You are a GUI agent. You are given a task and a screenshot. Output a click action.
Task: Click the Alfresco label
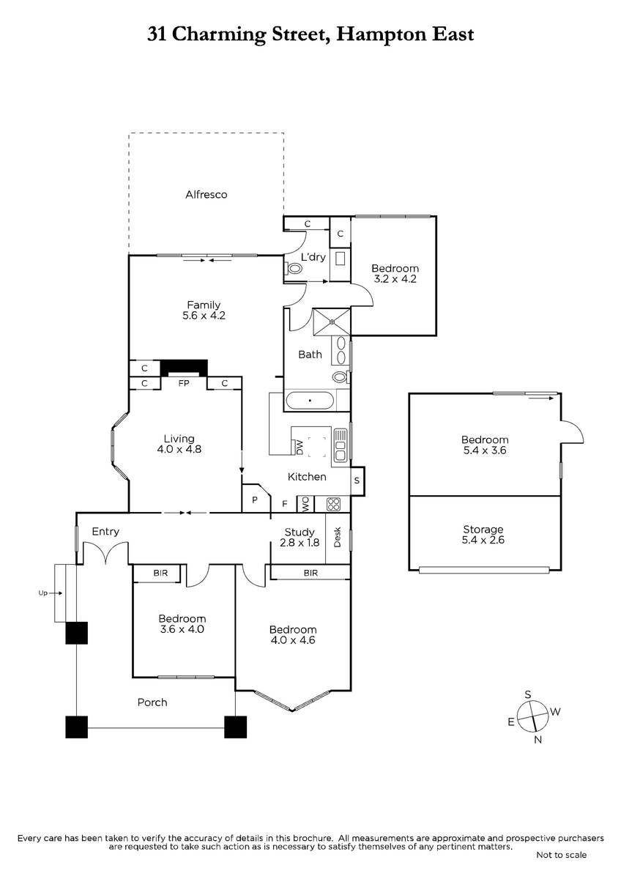click(x=206, y=195)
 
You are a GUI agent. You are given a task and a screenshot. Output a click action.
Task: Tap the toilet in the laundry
click(x=292, y=268)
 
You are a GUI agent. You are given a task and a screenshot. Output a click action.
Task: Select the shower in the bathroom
click(x=332, y=322)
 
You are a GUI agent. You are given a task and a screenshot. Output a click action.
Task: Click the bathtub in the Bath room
click(x=310, y=401)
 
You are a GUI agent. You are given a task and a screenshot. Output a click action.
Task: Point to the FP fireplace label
click(x=184, y=383)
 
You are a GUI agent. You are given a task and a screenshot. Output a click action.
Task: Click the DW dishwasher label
click(x=300, y=448)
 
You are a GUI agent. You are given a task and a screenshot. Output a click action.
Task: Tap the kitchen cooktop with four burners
click(x=333, y=504)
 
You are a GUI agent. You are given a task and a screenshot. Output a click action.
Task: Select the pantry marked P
click(x=256, y=498)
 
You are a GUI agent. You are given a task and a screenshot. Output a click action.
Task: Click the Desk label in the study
click(x=338, y=537)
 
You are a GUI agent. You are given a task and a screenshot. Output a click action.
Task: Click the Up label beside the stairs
click(x=42, y=593)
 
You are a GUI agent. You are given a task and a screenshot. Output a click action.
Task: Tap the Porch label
click(x=152, y=702)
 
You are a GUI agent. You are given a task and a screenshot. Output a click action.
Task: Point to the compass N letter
click(x=538, y=739)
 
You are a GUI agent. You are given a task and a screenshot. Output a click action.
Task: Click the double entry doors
click(x=105, y=553)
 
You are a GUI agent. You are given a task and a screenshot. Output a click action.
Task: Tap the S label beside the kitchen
click(x=357, y=481)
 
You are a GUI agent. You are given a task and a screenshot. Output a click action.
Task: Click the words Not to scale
click(x=562, y=855)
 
